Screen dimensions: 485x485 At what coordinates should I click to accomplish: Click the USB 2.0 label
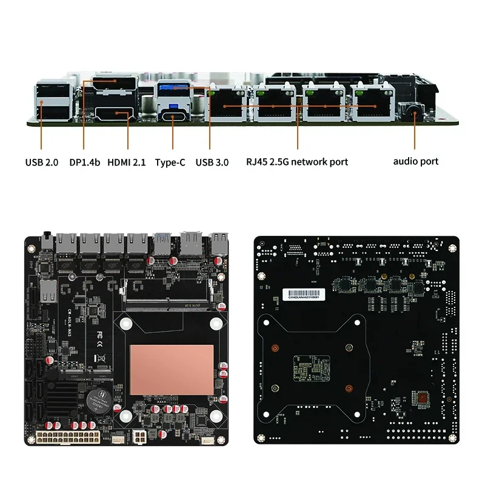tap(41, 162)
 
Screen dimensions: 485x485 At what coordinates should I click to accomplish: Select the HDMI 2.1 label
tap(127, 162)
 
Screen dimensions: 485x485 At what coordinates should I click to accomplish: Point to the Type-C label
tap(170, 162)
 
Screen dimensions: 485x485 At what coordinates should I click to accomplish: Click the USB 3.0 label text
tap(212, 162)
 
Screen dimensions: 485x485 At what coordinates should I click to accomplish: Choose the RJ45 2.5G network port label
tap(297, 162)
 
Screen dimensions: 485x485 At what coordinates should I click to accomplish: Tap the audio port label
tap(415, 161)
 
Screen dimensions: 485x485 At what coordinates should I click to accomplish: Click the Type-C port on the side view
tap(173, 114)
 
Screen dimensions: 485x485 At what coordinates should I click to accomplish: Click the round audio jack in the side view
tap(414, 113)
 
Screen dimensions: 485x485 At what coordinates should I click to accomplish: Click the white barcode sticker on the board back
tap(304, 295)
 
